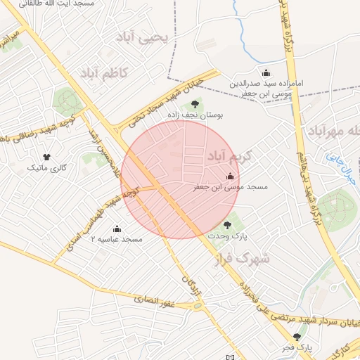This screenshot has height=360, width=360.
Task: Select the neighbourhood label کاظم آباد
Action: pyautogui.click(x=103, y=72)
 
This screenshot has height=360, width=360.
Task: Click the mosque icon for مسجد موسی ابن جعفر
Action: pyautogui.click(x=230, y=176)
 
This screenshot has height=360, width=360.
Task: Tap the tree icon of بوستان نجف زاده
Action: pyautogui.click(x=195, y=104)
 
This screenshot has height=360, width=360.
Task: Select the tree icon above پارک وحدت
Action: pyautogui.click(x=227, y=225)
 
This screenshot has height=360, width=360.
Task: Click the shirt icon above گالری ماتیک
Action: pyautogui.click(x=46, y=156)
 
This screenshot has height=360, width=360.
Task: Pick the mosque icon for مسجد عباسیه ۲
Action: pyautogui.click(x=117, y=229)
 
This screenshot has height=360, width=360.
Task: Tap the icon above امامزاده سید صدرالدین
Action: pyautogui.click(x=266, y=72)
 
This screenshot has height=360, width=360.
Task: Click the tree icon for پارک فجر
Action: pyautogui.click(x=297, y=336)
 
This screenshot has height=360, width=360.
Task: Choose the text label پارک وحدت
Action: pyautogui.click(x=227, y=238)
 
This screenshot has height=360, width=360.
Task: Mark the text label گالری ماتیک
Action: pyautogui.click(x=46, y=169)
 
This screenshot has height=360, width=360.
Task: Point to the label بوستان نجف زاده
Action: pyautogui.click(x=195, y=115)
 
